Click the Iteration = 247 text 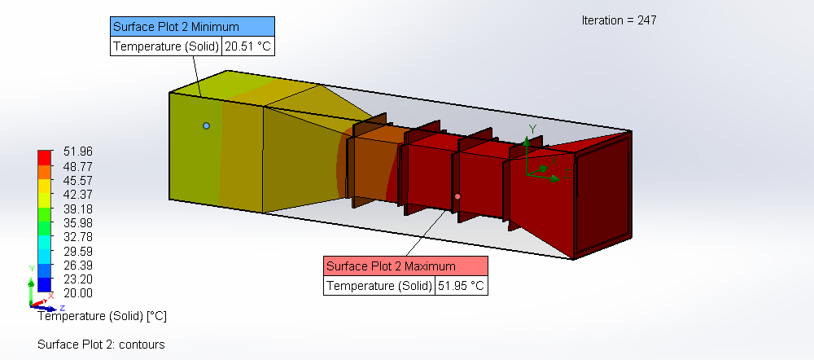click(619, 20)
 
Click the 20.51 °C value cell click(248, 46)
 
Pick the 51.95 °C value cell click(462, 286)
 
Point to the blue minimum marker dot click(206, 125)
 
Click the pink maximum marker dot click(457, 196)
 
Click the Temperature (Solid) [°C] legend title click(102, 315)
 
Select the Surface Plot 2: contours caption click(101, 345)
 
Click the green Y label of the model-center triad click(532, 129)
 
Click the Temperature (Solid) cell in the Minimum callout click(166, 46)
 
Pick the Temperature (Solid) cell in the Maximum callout click(379, 286)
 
